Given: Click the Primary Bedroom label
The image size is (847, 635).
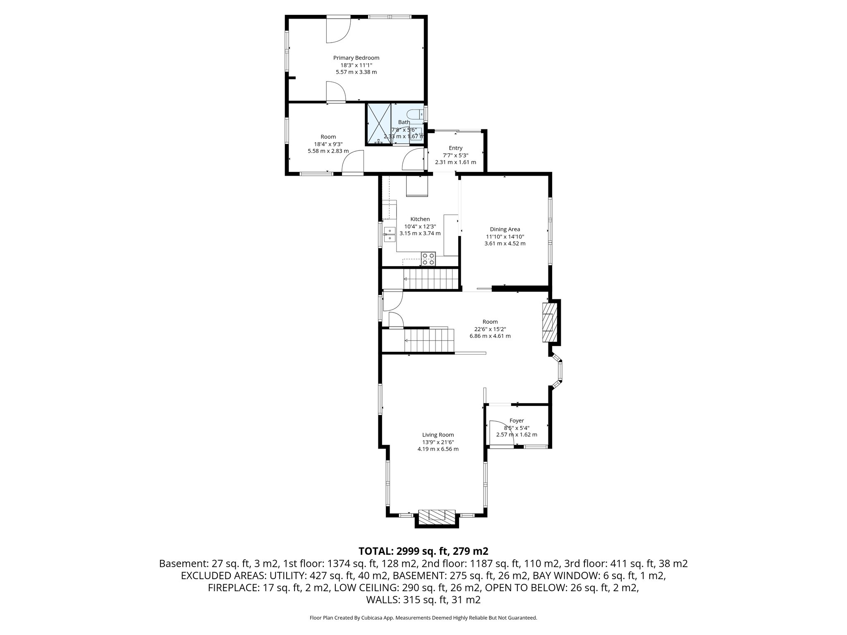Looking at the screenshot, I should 356,58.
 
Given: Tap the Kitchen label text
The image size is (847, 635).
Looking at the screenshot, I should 420,219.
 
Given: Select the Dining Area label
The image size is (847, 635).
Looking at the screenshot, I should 505,229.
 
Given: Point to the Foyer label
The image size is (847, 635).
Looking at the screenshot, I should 517,420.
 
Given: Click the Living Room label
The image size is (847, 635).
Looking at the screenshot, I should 438,434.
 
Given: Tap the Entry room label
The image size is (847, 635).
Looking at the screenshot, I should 455,148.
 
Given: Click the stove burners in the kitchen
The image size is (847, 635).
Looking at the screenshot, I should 428,259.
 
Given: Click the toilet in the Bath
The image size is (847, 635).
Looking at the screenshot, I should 414,114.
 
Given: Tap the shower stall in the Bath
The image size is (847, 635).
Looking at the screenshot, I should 379,124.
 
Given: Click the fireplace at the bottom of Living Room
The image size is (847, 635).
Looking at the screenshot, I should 437,517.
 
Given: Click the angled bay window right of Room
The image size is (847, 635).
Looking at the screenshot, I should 559,370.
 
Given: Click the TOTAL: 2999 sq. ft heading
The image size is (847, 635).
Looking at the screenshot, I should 423,551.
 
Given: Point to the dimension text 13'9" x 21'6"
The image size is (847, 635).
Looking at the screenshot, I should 438,442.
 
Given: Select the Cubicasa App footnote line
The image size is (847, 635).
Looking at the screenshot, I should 423,618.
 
